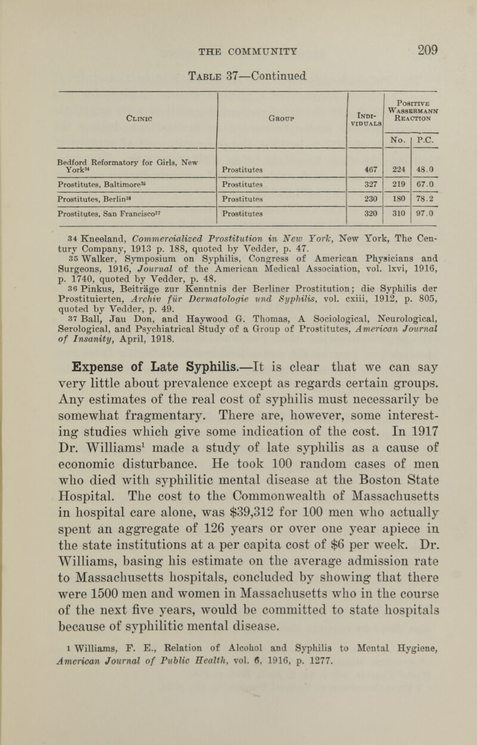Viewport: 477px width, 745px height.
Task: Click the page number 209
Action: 421,52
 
